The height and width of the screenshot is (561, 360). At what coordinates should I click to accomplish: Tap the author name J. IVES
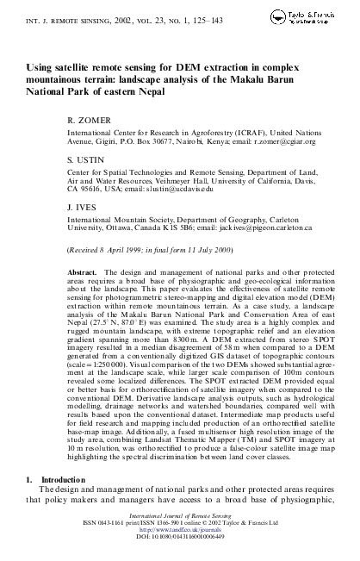tap(85, 207)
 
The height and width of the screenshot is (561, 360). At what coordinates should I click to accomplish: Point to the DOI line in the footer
tap(179, 554)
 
